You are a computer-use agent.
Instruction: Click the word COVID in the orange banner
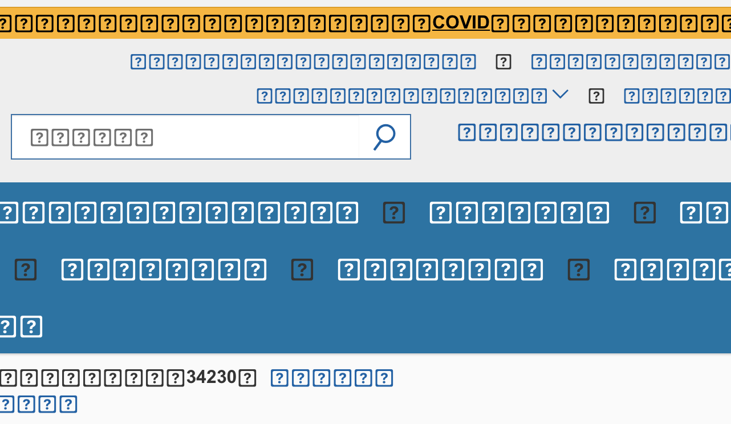[x=461, y=23]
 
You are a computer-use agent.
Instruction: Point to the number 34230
[x=212, y=377]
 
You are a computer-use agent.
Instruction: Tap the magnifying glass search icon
[x=384, y=137]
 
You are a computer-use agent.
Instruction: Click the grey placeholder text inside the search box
[x=92, y=137]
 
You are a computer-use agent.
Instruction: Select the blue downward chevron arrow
[x=560, y=95]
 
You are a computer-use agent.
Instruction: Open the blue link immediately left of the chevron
[x=402, y=96]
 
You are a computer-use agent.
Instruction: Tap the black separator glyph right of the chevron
[x=596, y=96]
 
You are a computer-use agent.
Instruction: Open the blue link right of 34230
[x=332, y=378]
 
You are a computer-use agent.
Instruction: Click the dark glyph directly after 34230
[x=247, y=378]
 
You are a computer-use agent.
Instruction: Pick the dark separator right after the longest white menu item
[x=394, y=213]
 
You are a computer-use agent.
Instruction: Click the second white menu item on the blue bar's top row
[x=519, y=213]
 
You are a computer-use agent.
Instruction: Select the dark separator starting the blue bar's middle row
[x=26, y=270]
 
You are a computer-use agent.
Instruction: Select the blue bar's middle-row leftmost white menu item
[x=164, y=270]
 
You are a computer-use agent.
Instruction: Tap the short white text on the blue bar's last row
[x=21, y=327]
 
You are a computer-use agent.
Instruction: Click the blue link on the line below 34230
[x=37, y=404]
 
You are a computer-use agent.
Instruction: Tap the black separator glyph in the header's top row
[x=503, y=62]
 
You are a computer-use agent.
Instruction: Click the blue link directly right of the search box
[x=593, y=132]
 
